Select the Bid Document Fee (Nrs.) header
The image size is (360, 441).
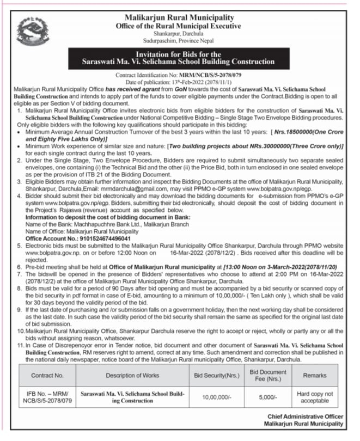pyautogui.click(x=269, y=376)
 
